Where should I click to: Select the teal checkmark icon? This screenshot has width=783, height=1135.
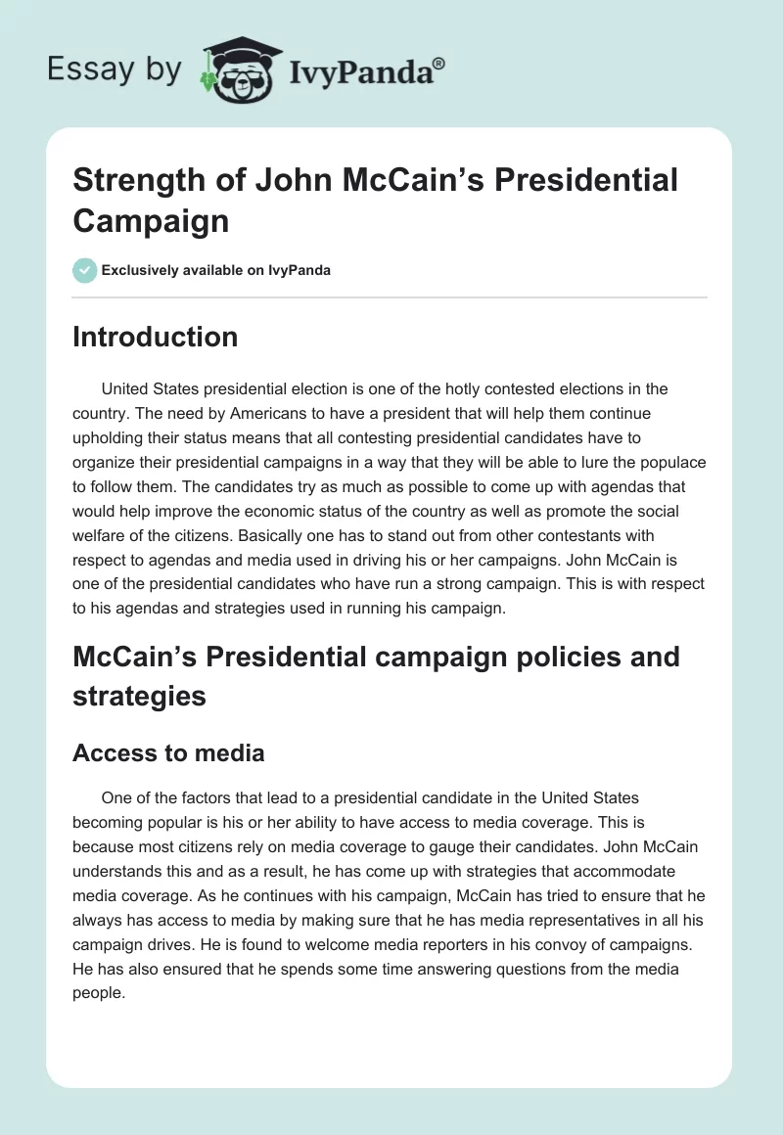pos(85,270)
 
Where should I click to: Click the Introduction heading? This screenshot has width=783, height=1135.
pos(156,337)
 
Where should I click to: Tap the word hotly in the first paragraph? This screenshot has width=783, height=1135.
pos(482,388)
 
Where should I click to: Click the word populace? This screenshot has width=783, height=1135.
pos(670,461)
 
